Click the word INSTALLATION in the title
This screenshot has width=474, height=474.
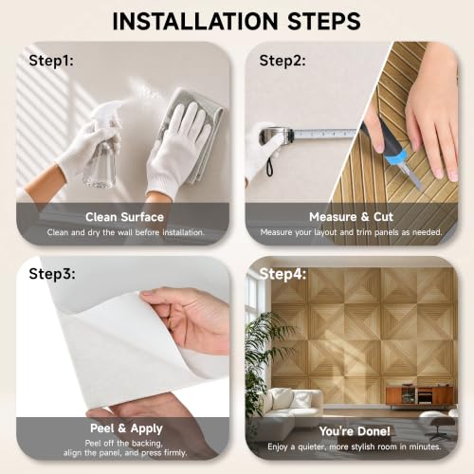point(195,21)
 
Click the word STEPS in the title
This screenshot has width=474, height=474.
point(324,21)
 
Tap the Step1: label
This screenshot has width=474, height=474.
point(51,61)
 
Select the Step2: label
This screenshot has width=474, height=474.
point(283,61)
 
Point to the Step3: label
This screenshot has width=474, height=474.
point(52,274)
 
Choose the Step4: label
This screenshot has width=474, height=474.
point(283,274)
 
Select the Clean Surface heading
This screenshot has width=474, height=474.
point(124,217)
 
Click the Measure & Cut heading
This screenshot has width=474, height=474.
point(351,217)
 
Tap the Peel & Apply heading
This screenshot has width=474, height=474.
point(126,428)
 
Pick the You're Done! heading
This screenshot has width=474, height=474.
point(355,431)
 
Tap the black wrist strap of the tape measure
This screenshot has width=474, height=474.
point(269,167)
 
